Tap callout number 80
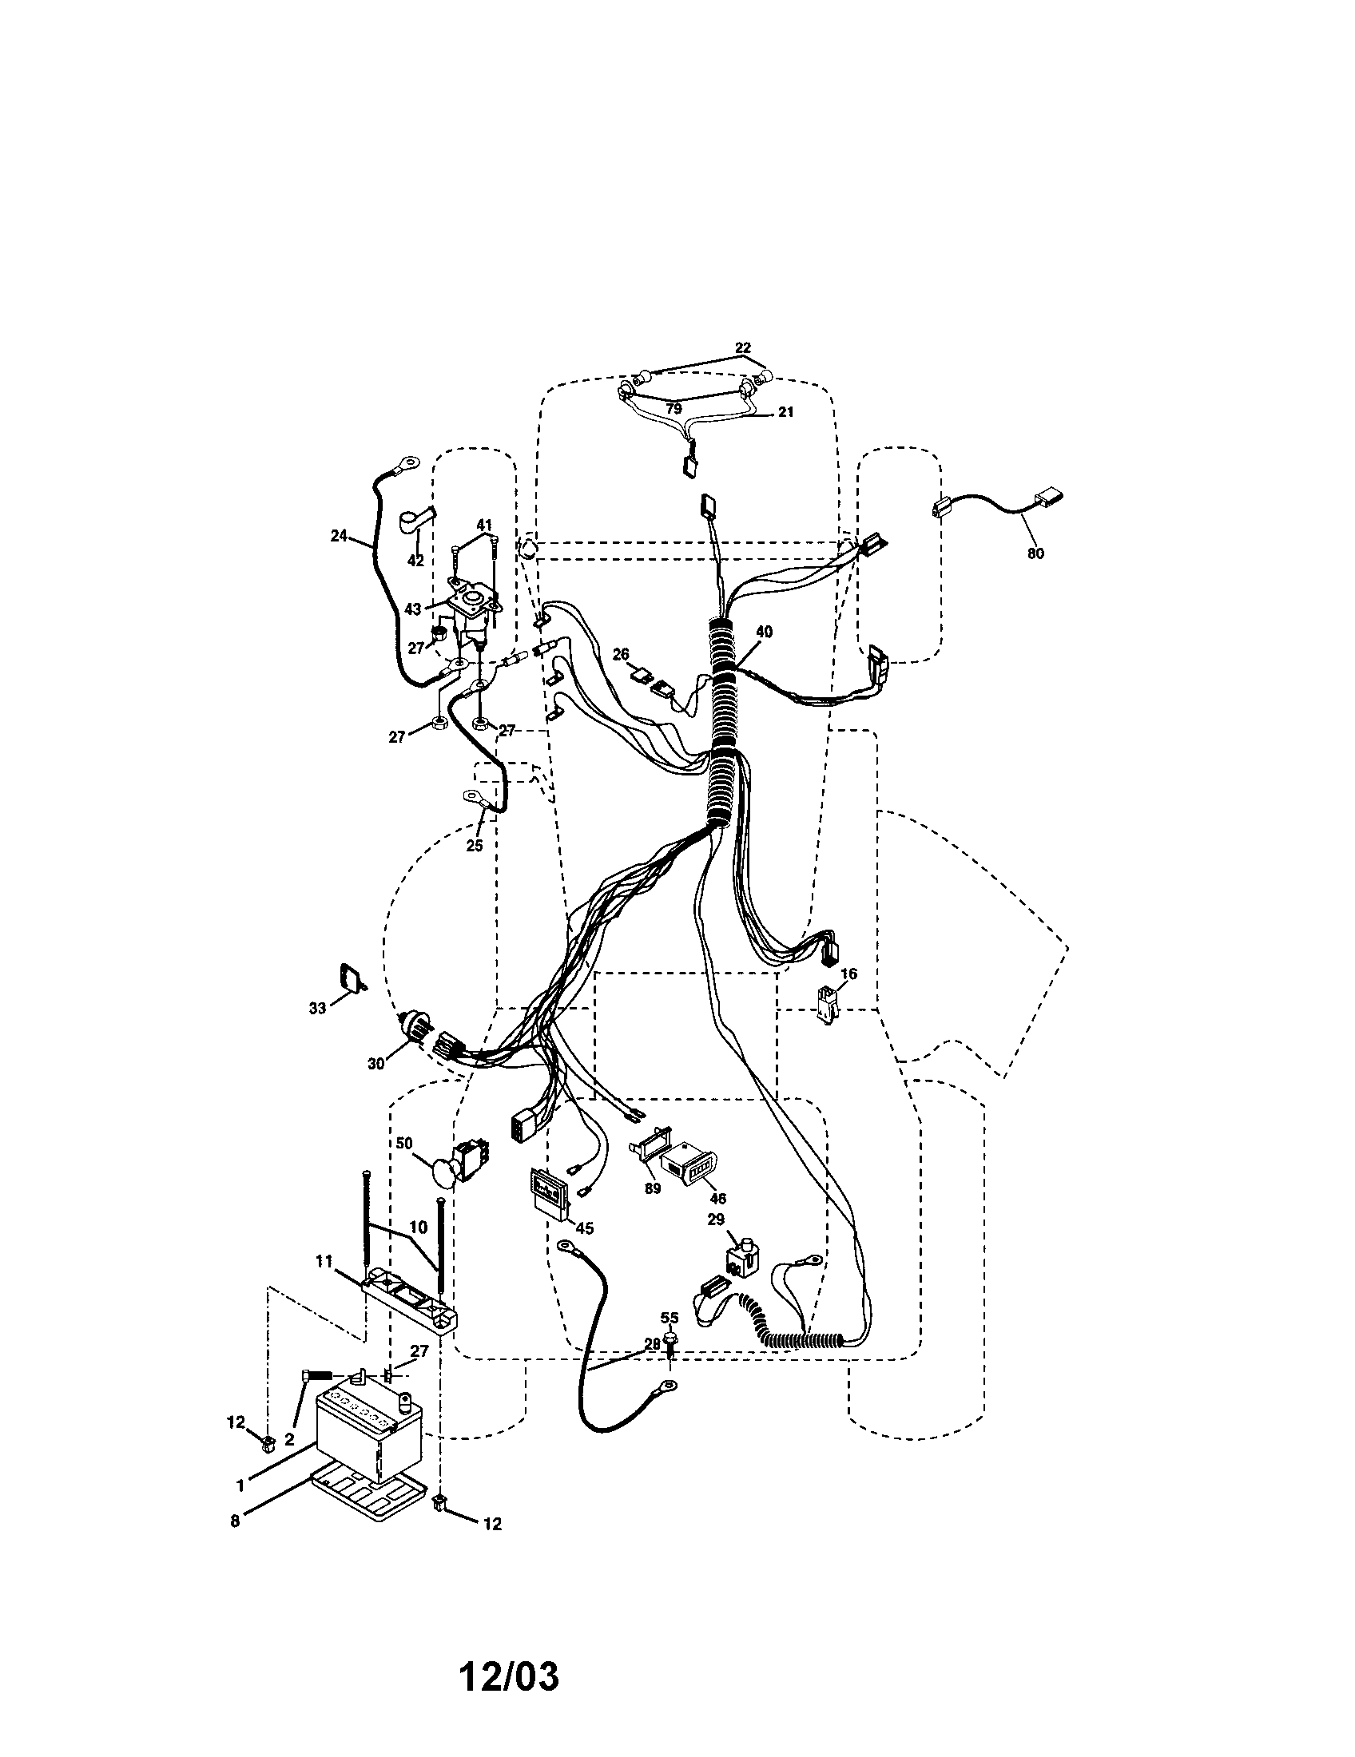1035,553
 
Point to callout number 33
318,1008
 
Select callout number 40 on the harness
764,633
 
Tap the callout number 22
743,347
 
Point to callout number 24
339,534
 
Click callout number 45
585,1228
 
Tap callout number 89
653,1188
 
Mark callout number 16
849,974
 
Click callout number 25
475,846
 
